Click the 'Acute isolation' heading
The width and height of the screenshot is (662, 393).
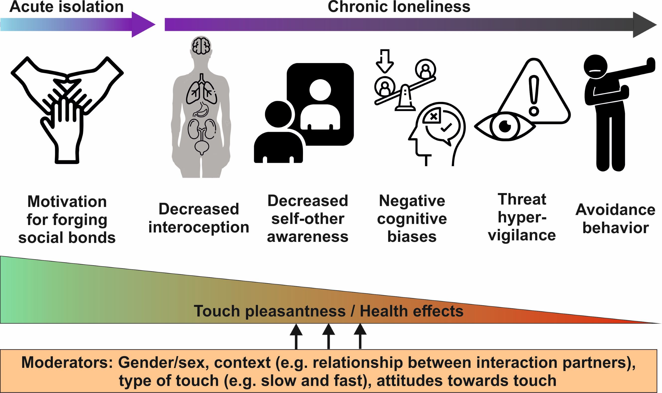[66, 7]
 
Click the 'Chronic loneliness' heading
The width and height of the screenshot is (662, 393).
[399, 7]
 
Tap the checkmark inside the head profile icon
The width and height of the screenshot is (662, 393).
[446, 128]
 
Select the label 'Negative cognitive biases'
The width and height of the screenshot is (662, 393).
[412, 218]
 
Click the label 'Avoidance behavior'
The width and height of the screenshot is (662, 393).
[615, 219]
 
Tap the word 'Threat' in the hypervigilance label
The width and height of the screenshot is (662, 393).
[522, 199]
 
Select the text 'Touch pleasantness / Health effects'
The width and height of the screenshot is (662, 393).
[328, 311]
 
